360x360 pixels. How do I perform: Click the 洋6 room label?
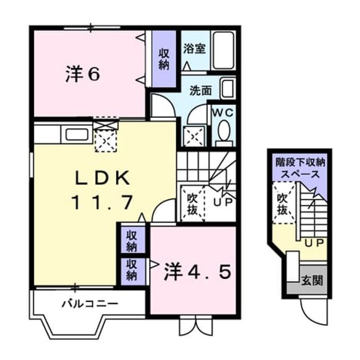(x=83, y=74)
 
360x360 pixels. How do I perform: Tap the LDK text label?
(x=102, y=178)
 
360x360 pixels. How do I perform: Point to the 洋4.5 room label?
(x=197, y=273)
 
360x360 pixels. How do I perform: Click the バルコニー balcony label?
(x=90, y=304)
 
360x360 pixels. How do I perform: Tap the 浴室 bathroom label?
(x=194, y=49)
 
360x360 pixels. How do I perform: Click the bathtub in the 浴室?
(x=223, y=51)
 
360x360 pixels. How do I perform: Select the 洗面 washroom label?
(x=201, y=91)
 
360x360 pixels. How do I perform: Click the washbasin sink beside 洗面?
(x=228, y=89)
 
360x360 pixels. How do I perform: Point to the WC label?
(x=222, y=113)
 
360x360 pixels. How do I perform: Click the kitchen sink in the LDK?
(x=77, y=134)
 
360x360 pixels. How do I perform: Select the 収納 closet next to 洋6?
(x=164, y=59)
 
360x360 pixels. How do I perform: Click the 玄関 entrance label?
(x=312, y=281)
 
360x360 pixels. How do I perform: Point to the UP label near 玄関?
(x=314, y=243)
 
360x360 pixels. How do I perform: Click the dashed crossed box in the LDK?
(x=105, y=140)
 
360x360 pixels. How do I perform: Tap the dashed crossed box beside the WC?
(x=194, y=137)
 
